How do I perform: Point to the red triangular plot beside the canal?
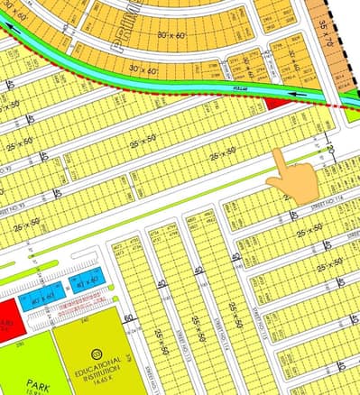275,102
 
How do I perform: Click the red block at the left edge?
7,317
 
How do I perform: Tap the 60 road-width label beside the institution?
129,317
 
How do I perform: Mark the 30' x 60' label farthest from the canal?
172,34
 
